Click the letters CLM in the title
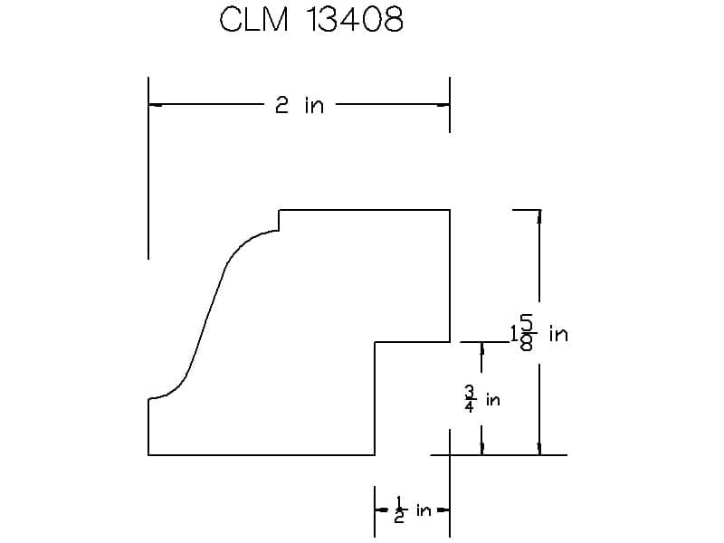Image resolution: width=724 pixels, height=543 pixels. pyautogui.click(x=254, y=19)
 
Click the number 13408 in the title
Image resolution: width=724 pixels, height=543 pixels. pyautogui.click(x=355, y=19)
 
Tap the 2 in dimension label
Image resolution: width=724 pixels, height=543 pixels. pyautogui.click(x=300, y=105)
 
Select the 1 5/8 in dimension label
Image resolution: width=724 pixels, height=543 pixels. pyautogui.click(x=539, y=332)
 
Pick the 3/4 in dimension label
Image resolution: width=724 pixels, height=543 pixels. pyautogui.click(x=482, y=399)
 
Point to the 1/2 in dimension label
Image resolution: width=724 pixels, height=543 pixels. pyautogui.click(x=413, y=510)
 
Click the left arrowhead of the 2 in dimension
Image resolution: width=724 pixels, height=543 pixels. pyautogui.click(x=156, y=105)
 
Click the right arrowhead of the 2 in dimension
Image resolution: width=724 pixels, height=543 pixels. pyautogui.click(x=443, y=105)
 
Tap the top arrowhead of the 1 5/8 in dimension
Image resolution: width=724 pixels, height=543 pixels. pyautogui.click(x=538, y=217)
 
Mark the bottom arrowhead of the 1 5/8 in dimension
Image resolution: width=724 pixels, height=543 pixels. pyautogui.click(x=538, y=448)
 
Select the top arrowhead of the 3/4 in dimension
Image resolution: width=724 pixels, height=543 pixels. pyautogui.click(x=482, y=349)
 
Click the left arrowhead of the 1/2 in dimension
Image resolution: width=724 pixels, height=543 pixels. pyautogui.click(x=382, y=510)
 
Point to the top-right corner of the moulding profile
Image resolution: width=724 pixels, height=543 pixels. pyautogui.click(x=450, y=210)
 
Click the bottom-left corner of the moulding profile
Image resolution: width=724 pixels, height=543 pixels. pyautogui.click(x=148, y=455)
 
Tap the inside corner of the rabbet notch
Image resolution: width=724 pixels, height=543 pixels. pyautogui.click(x=375, y=342)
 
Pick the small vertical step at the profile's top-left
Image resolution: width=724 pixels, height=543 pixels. pyautogui.click(x=279, y=220)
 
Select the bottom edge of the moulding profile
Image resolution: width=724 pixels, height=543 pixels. pyautogui.click(x=262, y=455)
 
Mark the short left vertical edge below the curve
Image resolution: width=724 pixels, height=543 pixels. pyautogui.click(x=148, y=426)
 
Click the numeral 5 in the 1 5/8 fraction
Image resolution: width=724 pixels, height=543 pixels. pyautogui.click(x=527, y=322)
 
